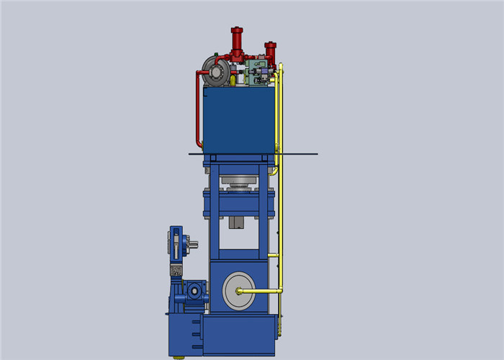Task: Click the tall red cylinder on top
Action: click(236, 42)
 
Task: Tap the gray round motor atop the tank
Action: click(216, 71)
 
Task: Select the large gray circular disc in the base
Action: click(238, 291)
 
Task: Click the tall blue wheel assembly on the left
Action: click(176, 245)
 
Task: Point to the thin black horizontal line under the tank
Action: click(302, 153)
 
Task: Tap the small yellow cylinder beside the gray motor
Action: click(233, 81)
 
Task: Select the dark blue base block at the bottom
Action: click(238, 336)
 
